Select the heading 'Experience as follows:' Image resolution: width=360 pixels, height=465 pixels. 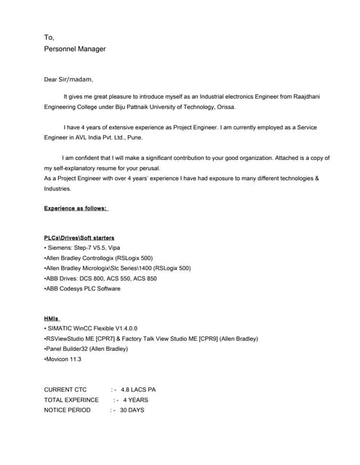[x=76, y=208]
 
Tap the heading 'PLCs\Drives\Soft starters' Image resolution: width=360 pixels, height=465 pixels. [x=79, y=238]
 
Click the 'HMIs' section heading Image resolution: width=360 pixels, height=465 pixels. [x=52, y=318]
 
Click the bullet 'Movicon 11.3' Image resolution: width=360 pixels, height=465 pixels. [x=63, y=359]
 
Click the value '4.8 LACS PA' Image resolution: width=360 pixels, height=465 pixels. [x=138, y=389]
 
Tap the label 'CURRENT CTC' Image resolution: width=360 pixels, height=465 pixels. [x=65, y=389]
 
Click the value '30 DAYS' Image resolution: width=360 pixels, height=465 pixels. [x=132, y=410]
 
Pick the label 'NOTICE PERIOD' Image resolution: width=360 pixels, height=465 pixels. [x=68, y=410]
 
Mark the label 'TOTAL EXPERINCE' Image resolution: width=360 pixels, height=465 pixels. [x=71, y=400]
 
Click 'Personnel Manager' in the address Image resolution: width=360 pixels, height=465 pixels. [x=75, y=49]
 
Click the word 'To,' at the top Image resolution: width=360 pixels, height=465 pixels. [x=49, y=37]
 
